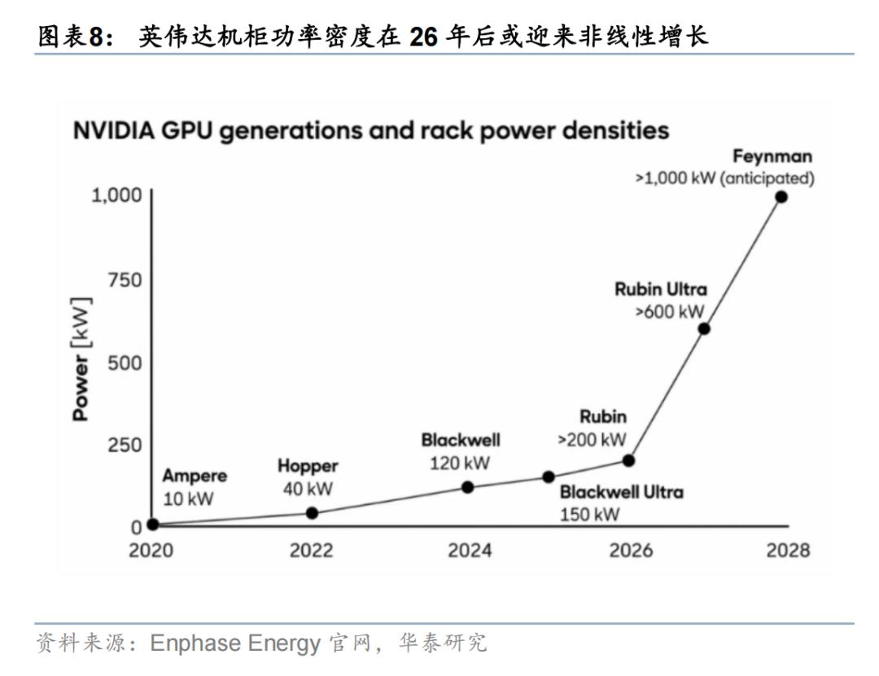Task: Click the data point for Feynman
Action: point(781,197)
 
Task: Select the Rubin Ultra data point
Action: point(704,329)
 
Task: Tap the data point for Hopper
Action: point(313,513)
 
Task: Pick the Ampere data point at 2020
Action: point(152,525)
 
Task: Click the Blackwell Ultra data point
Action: point(549,477)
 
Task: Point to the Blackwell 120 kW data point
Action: point(467,488)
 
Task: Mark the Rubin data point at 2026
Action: point(628,461)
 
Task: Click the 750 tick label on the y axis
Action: point(125,279)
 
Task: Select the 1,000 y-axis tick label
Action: point(116,195)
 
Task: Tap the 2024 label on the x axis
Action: point(470,551)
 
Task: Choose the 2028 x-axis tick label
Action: point(788,551)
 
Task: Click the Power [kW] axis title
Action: point(81,359)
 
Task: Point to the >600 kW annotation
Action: point(669,311)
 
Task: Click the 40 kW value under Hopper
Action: point(308,489)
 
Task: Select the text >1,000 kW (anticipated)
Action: point(724,178)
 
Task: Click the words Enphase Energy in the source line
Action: point(235,643)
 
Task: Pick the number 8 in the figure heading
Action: point(96,37)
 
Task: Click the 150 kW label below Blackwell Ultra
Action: point(590,515)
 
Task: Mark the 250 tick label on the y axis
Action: point(125,445)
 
